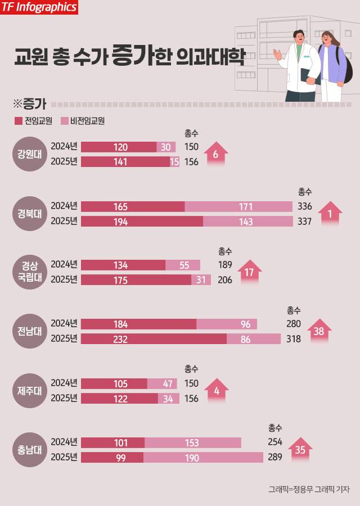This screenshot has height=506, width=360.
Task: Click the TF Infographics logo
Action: [38, 7]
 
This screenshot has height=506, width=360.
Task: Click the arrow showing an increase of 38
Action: [318, 331]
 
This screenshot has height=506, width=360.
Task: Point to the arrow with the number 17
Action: [249, 273]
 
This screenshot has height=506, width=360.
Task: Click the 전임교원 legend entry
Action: [33, 120]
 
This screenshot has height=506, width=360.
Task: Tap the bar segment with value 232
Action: [154, 339]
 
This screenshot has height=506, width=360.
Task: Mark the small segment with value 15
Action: [174, 162]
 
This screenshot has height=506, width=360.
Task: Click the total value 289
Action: [275, 457]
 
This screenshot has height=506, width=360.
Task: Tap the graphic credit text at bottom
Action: [308, 489]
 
